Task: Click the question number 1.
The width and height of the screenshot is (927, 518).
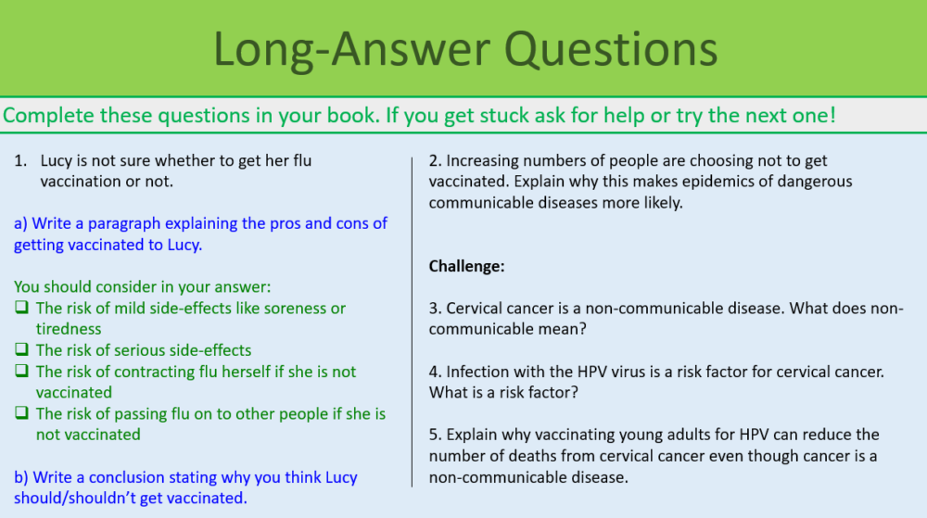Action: pos(19,160)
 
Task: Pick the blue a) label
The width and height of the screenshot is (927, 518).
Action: pos(21,223)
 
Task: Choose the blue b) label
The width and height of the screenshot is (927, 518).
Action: pos(21,477)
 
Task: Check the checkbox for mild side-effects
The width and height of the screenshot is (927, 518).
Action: pos(22,308)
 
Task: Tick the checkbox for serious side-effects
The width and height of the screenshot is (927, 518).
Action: pos(22,350)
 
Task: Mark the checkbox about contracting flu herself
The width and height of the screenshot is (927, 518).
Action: pos(22,372)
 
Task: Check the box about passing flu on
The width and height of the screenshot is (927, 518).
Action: pos(22,414)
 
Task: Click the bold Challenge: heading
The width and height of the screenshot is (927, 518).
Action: pos(466,267)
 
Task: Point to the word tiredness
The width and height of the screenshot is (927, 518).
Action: pos(69,329)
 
